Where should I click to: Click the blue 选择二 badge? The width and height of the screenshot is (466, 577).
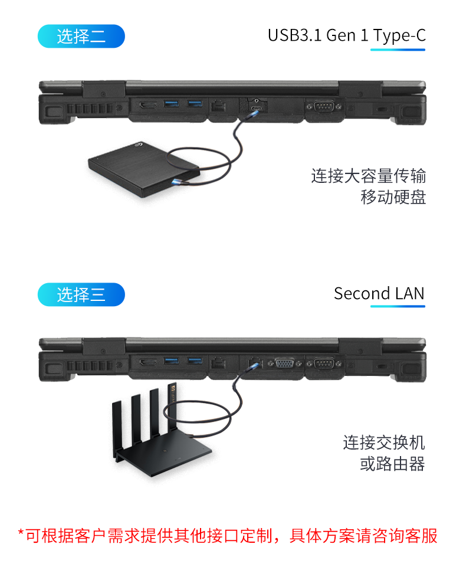[x=81, y=36]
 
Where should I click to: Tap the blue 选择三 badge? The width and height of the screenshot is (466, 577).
[x=81, y=294]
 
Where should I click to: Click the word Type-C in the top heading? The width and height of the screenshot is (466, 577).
[x=399, y=35]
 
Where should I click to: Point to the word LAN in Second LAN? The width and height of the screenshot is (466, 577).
[x=409, y=293]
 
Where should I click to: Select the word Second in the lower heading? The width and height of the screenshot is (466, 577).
[x=357, y=293]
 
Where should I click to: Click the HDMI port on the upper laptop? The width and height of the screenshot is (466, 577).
[x=147, y=106]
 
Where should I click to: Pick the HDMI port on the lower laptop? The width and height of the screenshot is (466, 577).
[x=147, y=362]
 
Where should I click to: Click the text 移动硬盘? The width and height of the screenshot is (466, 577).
[x=393, y=197]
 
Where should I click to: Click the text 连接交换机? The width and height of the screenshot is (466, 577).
[x=384, y=442]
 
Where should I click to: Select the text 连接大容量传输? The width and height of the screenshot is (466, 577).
[x=369, y=176]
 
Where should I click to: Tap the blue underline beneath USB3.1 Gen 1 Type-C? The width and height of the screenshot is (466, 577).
[x=398, y=50]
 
